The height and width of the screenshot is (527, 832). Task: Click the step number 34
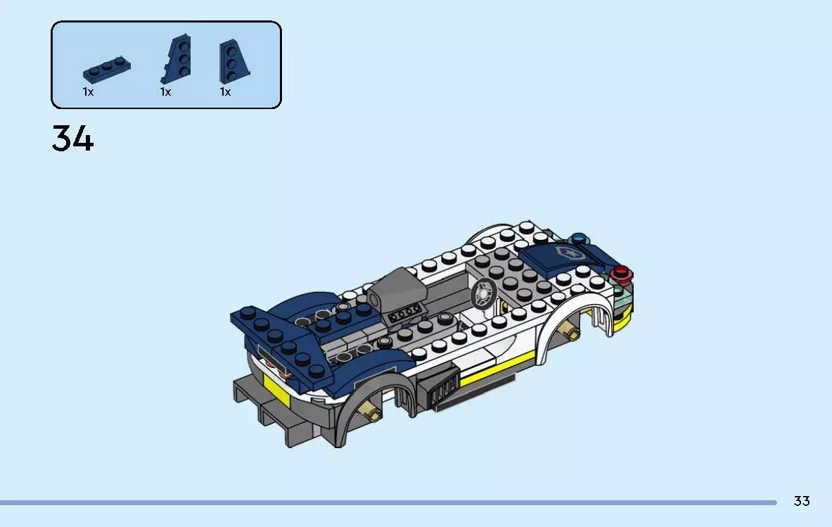pos(72,139)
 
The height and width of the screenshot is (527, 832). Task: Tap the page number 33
pos(802,501)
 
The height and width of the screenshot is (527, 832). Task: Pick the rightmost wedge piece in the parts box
pos(233,61)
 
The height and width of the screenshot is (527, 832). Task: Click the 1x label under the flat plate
pos(88,91)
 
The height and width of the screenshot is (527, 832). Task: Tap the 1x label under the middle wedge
pos(165,91)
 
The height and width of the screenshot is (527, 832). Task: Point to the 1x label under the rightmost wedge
pos(225,91)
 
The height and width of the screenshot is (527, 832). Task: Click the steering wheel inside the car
pos(484,293)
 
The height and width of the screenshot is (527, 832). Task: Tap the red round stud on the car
pos(621,273)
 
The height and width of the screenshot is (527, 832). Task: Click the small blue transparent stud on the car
pos(579,239)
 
